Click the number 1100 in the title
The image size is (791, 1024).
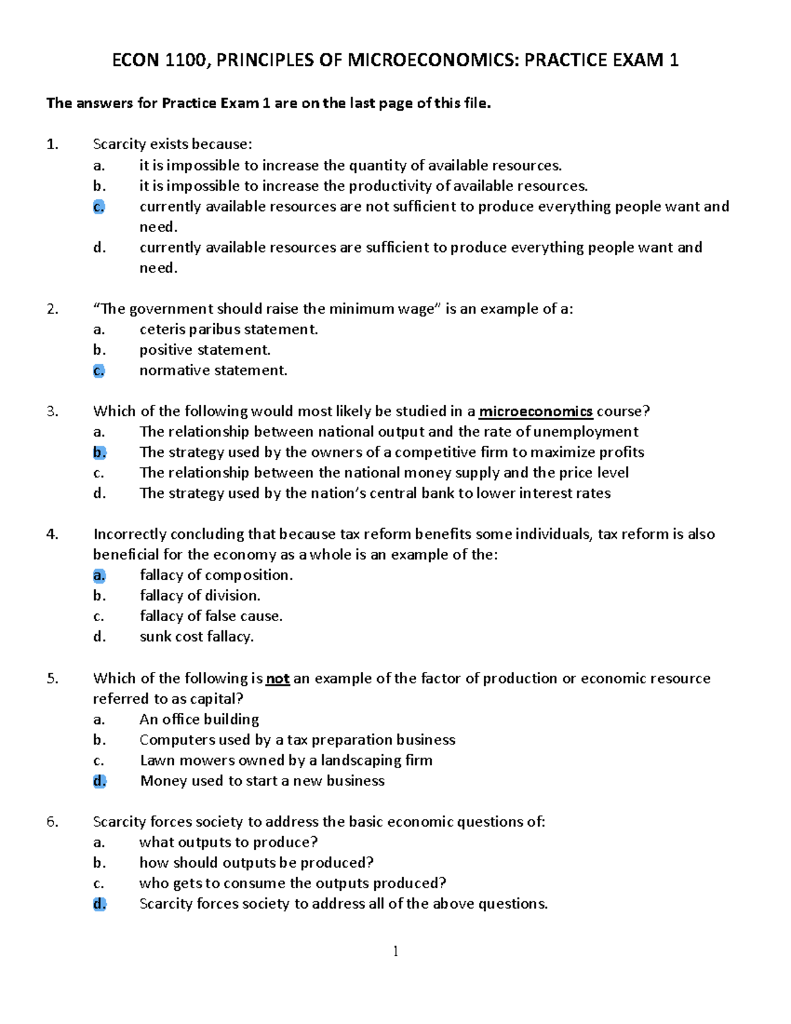[185, 61]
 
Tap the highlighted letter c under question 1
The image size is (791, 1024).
[99, 206]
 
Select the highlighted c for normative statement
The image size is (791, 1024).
[99, 371]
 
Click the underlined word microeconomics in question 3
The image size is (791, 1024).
[535, 411]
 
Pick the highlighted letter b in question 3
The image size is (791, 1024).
[99, 452]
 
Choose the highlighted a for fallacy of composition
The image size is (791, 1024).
[99, 576]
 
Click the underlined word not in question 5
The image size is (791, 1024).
[278, 678]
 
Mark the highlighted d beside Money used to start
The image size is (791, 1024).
[99, 781]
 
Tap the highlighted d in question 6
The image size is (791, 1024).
[99, 904]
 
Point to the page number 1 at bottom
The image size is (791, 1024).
[395, 951]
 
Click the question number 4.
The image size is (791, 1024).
[53, 534]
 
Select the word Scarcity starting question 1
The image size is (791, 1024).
[119, 144]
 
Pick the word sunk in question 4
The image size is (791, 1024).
[155, 637]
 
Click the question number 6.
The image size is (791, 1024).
[53, 822]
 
